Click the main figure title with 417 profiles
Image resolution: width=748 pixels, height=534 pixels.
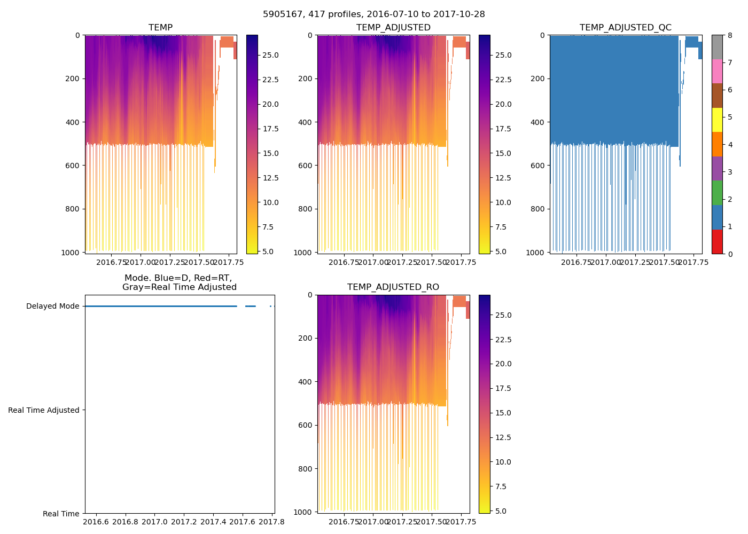[x=374, y=14]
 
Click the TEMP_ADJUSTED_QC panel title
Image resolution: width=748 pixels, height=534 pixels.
[x=625, y=28]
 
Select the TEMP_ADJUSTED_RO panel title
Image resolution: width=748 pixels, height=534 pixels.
[x=393, y=287]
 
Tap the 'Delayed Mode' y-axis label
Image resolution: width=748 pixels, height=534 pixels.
[x=52, y=307]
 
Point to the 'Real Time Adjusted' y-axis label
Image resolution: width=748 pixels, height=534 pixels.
[x=44, y=410]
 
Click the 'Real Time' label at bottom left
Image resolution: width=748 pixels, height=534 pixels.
[x=61, y=514]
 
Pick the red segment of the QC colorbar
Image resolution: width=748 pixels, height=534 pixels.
[x=717, y=241]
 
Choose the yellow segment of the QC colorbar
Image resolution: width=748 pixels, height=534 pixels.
[x=717, y=120]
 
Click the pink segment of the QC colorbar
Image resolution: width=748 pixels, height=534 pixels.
[x=717, y=71]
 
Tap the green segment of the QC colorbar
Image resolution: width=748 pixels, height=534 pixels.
[x=717, y=193]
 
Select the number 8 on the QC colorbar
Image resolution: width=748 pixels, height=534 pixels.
[x=729, y=35]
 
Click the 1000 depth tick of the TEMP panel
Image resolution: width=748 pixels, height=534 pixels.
[x=73, y=252]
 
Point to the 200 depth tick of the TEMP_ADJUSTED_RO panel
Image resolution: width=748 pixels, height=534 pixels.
[x=306, y=338]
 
